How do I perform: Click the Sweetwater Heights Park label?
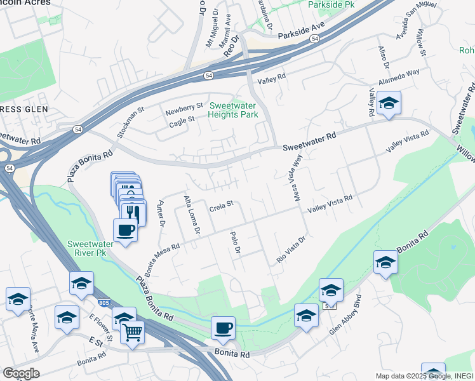[x=234, y=110]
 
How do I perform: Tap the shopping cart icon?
[x=132, y=331]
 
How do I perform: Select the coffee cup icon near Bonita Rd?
[x=223, y=328]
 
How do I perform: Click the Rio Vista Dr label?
[x=291, y=250]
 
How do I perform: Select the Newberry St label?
[x=184, y=105]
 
